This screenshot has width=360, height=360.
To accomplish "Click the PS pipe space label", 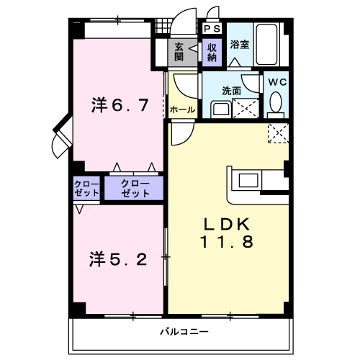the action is point(212,29).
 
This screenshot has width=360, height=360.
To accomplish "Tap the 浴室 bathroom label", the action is point(240,45).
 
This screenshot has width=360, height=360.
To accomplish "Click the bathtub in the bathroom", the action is point(266,44).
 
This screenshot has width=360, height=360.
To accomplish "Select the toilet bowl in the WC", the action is point(276,102).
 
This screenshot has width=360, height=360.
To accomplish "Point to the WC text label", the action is point(277,82).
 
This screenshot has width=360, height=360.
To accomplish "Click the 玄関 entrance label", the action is point(179,52).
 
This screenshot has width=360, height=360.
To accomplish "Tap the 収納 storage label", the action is point(212,53).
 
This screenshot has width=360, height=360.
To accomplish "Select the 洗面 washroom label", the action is point(231,91).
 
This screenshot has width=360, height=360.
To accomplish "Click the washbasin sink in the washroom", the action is point(221,109).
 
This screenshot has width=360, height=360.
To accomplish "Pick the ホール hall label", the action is point(182,110).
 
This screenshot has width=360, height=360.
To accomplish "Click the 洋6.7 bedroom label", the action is point(120,105).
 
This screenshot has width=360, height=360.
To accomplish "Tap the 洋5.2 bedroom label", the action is point(118,259).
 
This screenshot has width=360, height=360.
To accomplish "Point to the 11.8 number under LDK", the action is point(227,241).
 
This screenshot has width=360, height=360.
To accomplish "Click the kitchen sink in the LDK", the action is point(248,181).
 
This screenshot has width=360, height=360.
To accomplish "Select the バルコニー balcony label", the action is point(184,332).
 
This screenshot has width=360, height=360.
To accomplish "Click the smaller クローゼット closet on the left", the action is point(86,189).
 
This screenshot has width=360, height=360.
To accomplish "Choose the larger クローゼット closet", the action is point(134,188).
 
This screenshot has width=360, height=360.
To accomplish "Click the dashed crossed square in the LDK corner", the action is point(279,133).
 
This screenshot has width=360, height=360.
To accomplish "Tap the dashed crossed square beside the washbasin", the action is point(246,108).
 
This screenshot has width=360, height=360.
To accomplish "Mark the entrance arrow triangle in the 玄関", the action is point(194,48).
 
